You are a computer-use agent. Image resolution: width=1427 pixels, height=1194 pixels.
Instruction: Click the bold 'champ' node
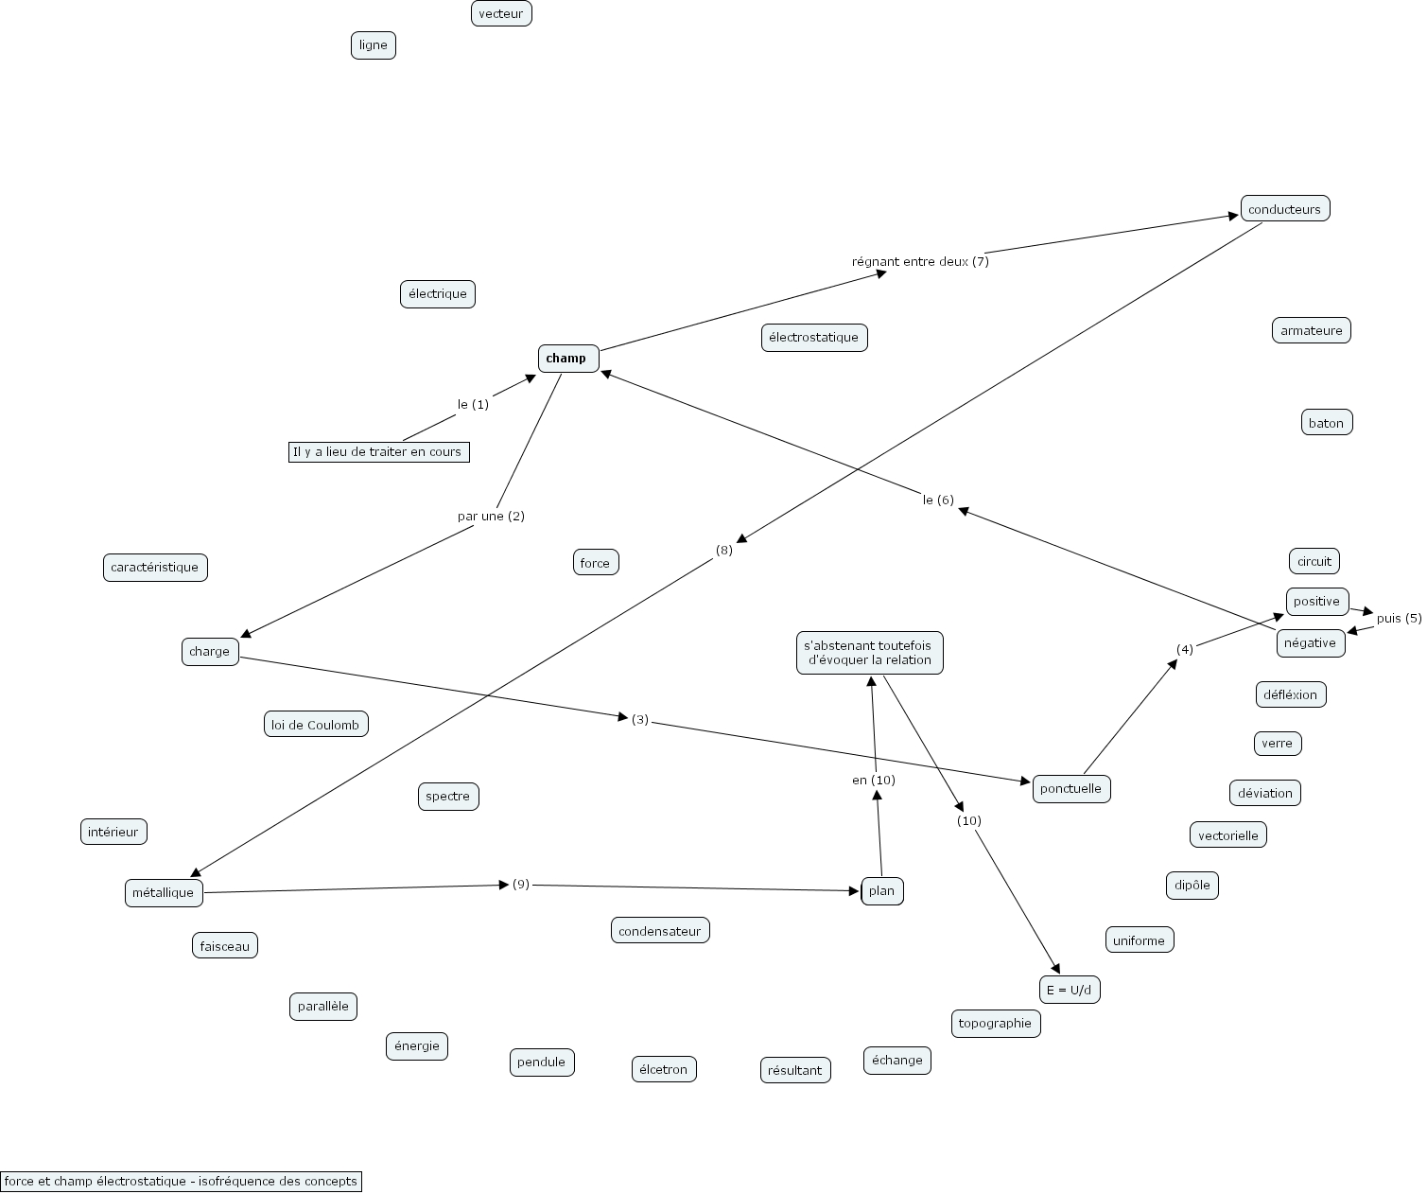coord(567,359)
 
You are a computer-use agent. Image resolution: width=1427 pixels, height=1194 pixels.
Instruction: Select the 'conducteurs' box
coord(1284,209)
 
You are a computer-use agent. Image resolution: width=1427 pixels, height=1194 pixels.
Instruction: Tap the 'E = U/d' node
coord(1069,990)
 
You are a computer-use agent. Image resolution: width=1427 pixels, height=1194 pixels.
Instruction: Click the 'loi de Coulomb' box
coord(315,725)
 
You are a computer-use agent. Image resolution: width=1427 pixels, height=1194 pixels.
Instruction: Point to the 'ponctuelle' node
coord(1070,788)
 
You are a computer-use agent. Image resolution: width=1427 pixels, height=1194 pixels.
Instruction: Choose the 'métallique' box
coord(163,892)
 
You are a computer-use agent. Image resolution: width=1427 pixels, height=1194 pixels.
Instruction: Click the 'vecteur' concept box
coord(500,13)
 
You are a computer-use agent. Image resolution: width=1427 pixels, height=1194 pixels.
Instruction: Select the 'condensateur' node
coord(659,931)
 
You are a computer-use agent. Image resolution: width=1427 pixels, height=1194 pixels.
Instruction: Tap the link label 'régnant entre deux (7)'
coord(919,261)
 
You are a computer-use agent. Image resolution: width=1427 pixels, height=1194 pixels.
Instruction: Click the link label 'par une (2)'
coord(490,516)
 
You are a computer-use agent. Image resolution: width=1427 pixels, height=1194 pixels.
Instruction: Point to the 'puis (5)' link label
coord(1398,618)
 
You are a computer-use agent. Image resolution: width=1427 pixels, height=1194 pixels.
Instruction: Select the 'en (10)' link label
coord(873,780)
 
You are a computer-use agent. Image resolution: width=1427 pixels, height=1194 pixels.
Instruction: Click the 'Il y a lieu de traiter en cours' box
coord(378,451)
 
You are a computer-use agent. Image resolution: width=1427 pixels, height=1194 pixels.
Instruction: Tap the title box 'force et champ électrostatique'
coord(181,1181)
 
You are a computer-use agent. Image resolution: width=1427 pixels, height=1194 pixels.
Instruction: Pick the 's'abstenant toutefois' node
coord(869,653)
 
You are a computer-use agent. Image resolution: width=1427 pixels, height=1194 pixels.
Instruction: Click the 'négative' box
coord(1310,643)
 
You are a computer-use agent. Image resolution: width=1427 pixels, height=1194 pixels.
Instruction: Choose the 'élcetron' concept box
coord(663,1069)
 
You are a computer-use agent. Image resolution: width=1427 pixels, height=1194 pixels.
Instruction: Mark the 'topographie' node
coord(995,1023)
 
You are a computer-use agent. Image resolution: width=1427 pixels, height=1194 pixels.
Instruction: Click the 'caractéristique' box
coord(154,568)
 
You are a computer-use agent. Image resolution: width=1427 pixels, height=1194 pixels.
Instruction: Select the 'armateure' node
coord(1311,330)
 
